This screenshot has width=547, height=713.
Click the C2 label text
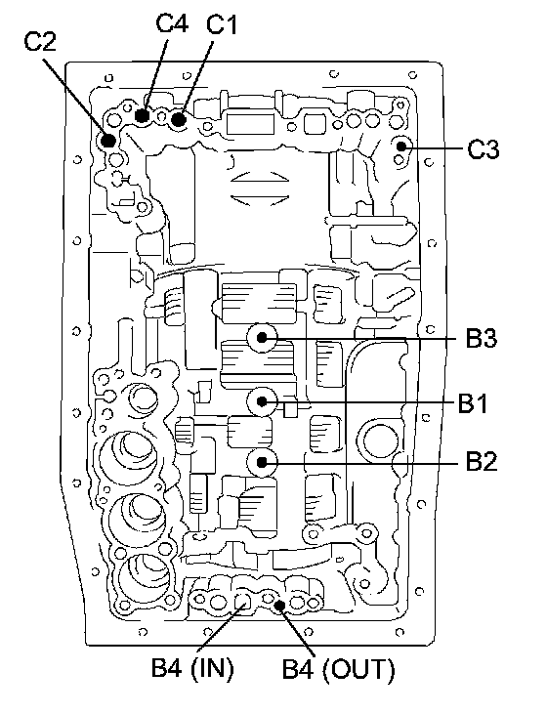tap(40, 42)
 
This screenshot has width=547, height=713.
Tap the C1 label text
tap(222, 24)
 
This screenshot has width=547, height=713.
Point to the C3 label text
tap(484, 149)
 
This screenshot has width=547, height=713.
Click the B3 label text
tap(482, 338)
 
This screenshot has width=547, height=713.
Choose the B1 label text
tap(473, 403)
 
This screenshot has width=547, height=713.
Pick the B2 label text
tap(482, 462)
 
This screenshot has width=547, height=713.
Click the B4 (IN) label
tap(192, 668)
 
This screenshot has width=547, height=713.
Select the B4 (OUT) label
tap(338, 669)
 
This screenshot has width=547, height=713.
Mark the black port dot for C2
tap(108, 140)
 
